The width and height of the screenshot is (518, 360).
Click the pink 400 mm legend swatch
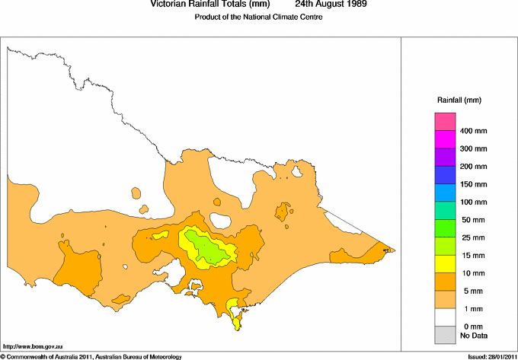click(445, 122)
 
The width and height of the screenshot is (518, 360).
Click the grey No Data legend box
click(445, 334)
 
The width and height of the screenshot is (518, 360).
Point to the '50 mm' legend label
click(472, 221)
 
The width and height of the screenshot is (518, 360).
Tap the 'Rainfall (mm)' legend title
click(459, 100)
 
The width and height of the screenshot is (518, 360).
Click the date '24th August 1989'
click(331, 5)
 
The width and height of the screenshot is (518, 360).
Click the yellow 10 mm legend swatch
click(445, 263)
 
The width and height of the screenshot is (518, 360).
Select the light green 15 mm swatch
click(445, 245)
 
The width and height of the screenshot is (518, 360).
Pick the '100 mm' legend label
click(473, 202)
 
